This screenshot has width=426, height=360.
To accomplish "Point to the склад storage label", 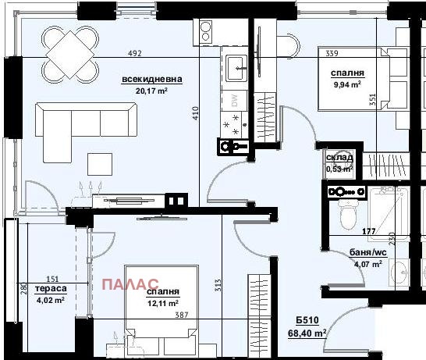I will click(339, 157).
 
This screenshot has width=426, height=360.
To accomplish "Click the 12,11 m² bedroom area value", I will click(162, 302).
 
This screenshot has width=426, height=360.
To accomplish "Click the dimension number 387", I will click(201, 316).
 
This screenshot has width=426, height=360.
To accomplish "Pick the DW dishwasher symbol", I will click(233, 99).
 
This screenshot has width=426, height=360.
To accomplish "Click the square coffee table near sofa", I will click(99, 163).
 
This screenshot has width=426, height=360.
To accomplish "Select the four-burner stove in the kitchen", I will click(233, 123).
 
